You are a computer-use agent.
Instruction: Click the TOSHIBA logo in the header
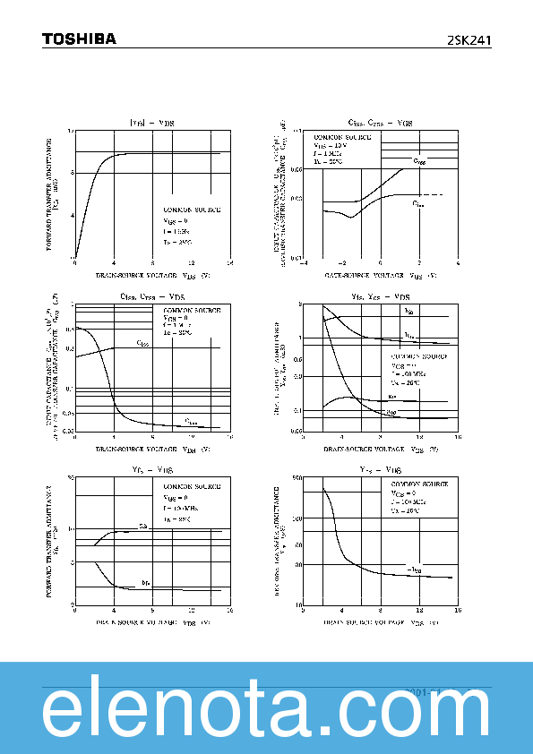click(79, 39)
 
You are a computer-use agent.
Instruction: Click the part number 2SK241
click(469, 39)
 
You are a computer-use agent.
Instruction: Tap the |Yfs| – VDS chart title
click(151, 123)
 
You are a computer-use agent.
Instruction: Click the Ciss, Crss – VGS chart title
click(380, 123)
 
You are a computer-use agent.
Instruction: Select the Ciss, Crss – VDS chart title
click(151, 296)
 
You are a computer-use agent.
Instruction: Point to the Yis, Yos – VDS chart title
click(380, 296)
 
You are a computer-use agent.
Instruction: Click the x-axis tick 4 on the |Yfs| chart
click(114, 264)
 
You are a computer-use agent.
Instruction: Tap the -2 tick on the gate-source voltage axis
click(342, 264)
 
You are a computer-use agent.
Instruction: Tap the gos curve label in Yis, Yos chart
click(391, 412)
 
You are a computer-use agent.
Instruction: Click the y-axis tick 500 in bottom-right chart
click(297, 479)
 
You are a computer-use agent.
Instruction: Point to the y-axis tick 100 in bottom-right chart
click(297, 518)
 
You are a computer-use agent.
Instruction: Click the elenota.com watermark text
click(266, 714)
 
